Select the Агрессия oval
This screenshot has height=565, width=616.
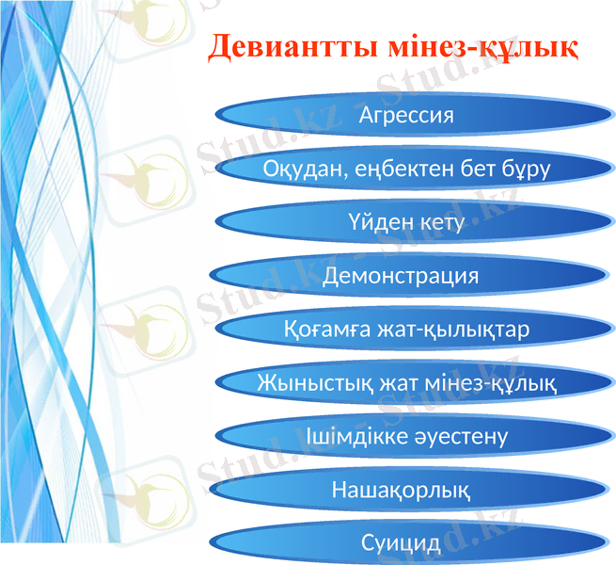point(406,115)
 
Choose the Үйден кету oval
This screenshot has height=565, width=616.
point(406,223)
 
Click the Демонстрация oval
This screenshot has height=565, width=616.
point(401,276)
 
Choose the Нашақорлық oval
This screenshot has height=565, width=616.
point(402,491)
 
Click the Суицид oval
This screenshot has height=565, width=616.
point(401,543)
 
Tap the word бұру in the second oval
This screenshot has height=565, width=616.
point(525,169)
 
